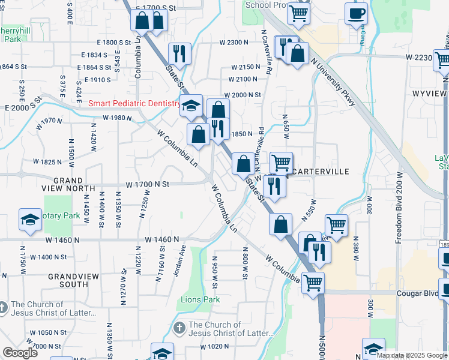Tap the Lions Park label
[200, 299]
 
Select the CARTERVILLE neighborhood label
[321, 172]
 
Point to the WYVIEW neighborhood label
[429, 94]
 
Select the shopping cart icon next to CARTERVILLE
[281, 161]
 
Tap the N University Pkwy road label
[333, 82]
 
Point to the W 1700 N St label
[148, 185]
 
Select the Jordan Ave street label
[178, 262]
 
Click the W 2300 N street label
[234, 43]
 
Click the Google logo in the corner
[20, 353]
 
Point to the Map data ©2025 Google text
[411, 355]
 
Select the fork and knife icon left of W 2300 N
[179, 53]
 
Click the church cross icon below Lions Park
[178, 328]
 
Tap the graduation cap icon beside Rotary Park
[30, 220]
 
